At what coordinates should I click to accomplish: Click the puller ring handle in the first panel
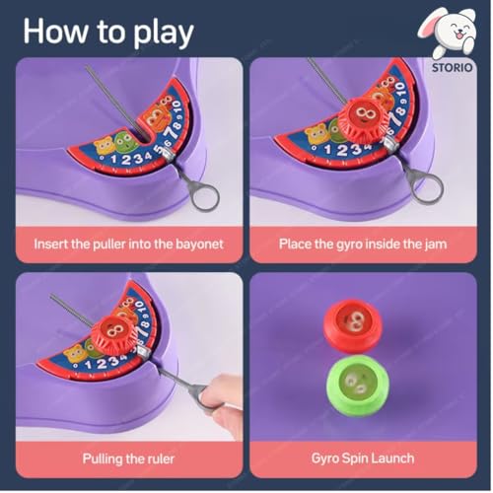tap(203, 194)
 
